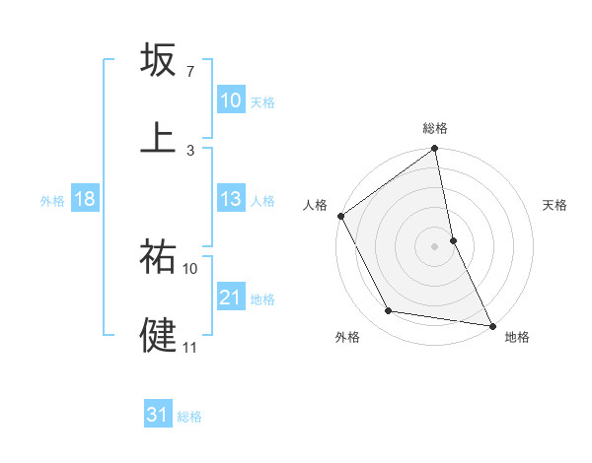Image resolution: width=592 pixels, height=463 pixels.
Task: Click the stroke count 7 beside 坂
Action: coord(189,72)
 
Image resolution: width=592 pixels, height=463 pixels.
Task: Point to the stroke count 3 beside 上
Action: coord(189,150)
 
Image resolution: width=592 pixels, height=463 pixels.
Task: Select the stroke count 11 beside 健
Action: coord(190,347)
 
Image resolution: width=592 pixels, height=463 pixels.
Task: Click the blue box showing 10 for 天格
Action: coord(231,100)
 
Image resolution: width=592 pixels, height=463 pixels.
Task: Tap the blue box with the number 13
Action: coord(231,199)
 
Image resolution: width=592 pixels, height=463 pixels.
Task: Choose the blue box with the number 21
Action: coord(231,298)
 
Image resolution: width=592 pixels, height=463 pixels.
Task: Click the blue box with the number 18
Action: coord(85,199)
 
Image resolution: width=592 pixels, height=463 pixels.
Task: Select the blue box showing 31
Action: coord(158,415)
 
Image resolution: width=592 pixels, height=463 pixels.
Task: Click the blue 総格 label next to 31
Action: coord(189,417)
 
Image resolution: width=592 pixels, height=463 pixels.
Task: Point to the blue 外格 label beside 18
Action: coord(52,200)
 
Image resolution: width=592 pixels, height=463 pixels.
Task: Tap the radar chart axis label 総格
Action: coord(435,128)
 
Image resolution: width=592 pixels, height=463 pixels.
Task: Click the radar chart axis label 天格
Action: coord(555,205)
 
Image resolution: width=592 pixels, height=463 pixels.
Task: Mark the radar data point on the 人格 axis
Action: coord(341,216)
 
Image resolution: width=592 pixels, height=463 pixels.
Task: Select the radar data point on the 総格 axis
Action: coord(435,150)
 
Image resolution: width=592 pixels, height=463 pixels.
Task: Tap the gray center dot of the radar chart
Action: coord(435,245)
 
